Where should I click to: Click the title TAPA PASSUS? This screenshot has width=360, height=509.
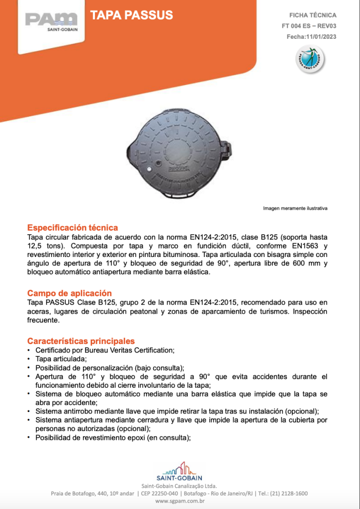pyautogui.click(x=132, y=15)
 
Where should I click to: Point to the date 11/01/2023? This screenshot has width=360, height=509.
pyautogui.click(x=319, y=37)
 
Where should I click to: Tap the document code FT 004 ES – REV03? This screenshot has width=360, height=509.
pyautogui.click(x=309, y=26)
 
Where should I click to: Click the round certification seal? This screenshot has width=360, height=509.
pyautogui.click(x=308, y=59)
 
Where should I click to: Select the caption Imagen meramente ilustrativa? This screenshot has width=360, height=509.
pyautogui.click(x=295, y=208)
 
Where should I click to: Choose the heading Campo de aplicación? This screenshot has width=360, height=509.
pyautogui.click(x=70, y=293)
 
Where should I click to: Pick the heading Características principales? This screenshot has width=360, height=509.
pyautogui.click(x=81, y=341)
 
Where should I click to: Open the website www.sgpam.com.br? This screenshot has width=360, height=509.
pyautogui.click(x=180, y=502)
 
